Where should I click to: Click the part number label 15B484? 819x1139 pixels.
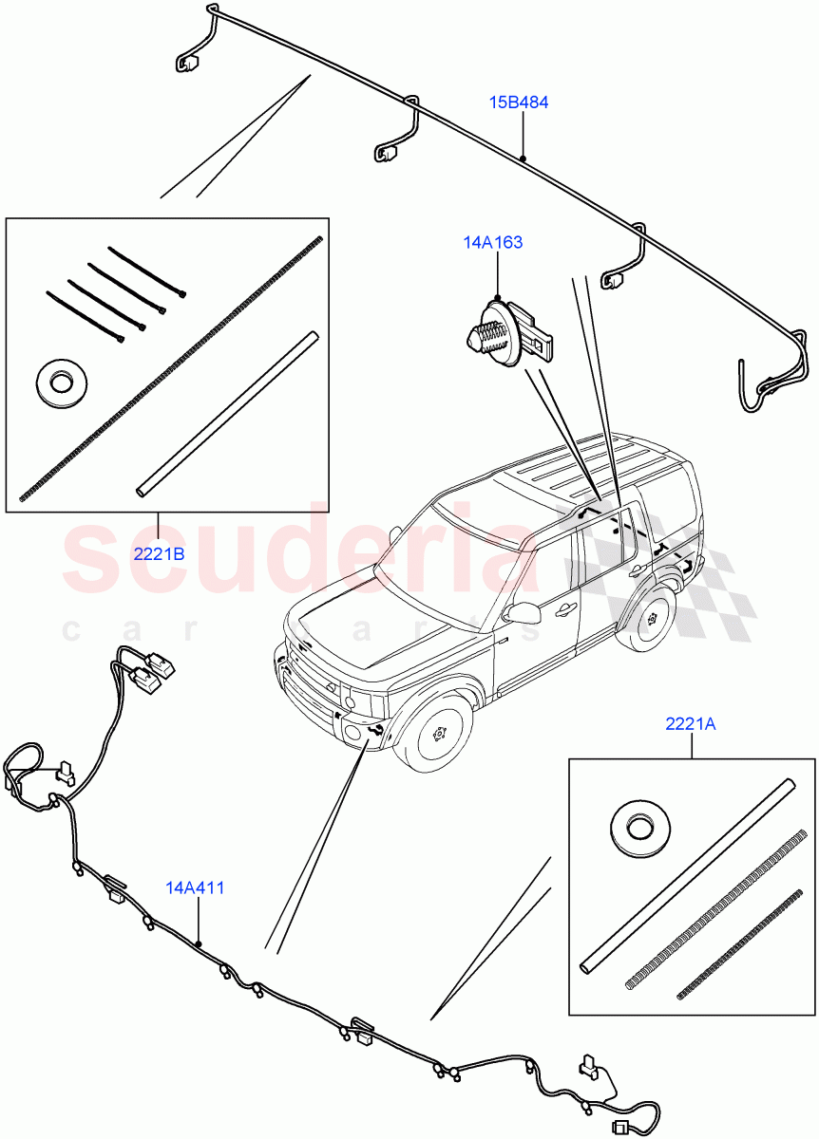point(519,103)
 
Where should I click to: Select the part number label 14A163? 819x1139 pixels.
point(492,243)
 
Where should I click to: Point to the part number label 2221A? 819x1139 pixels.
point(691,724)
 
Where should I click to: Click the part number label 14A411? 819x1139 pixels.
point(195,888)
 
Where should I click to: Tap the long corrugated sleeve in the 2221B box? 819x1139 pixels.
point(171,370)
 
